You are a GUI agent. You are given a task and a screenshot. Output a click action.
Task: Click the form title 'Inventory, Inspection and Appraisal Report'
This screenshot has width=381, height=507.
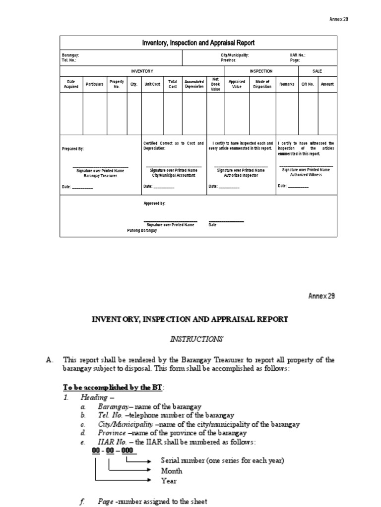point(198,43)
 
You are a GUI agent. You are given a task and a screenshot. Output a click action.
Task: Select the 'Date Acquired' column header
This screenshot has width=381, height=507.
point(71,84)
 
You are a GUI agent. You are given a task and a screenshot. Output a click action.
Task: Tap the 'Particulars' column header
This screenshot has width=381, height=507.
point(94,84)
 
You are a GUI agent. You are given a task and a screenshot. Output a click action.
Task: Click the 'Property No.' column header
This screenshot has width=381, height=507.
point(117,84)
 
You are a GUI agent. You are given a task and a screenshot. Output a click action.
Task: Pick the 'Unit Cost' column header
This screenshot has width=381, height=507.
point(152,84)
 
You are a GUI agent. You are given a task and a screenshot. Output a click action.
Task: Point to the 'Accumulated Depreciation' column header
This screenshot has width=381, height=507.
point(194,84)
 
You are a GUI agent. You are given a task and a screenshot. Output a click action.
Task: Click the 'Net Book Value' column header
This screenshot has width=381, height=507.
point(215,84)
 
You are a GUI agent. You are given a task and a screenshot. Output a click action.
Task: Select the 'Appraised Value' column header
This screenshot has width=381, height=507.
point(237,84)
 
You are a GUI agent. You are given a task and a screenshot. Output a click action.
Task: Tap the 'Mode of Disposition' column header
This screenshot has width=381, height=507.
point(261,84)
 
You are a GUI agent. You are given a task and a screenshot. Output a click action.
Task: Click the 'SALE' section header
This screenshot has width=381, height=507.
point(317,71)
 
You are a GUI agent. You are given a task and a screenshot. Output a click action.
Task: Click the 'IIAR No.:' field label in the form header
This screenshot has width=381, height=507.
point(298,55)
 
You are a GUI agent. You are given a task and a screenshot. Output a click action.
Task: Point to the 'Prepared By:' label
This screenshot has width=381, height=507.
point(73,148)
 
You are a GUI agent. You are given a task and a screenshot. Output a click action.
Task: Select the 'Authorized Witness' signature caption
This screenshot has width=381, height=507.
point(306,175)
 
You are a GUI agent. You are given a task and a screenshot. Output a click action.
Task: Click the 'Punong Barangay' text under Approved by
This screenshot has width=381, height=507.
point(138,231)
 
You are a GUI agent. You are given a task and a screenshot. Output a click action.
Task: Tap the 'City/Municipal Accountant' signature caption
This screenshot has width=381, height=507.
point(174,175)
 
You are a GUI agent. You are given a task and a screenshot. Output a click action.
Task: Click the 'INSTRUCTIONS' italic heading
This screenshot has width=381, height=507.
point(197,339)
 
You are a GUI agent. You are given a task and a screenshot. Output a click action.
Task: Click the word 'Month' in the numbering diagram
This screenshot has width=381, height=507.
point(171,471)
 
